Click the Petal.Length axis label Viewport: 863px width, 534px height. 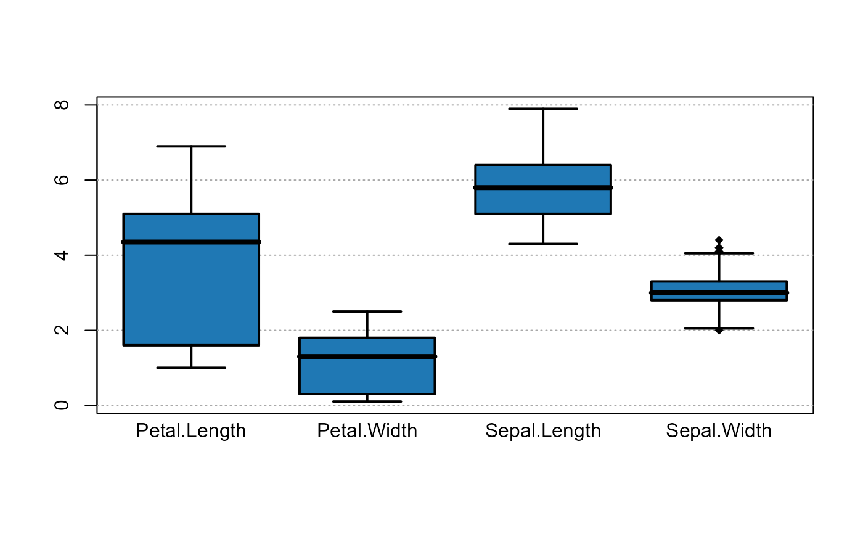(x=190, y=430)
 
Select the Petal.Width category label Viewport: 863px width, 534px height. (x=367, y=430)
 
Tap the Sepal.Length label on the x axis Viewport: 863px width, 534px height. (x=542, y=430)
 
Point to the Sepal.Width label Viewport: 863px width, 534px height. (x=718, y=430)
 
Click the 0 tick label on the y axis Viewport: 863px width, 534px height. (x=62, y=405)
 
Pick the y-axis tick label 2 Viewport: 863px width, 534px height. (x=62, y=330)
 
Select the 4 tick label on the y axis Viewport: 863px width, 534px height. (x=62, y=255)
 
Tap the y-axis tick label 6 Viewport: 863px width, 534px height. (x=62, y=180)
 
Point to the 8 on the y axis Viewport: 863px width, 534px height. (x=62, y=105)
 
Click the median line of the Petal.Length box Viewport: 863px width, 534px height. (x=191, y=242)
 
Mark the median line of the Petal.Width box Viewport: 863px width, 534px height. (x=367, y=356)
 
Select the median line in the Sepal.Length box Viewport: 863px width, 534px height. (x=542, y=187)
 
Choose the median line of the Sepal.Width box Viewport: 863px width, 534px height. (x=719, y=292)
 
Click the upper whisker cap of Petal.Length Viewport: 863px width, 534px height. (x=191, y=146)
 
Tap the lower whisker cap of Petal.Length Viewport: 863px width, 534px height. (x=191, y=368)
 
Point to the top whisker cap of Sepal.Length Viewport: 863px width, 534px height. (x=542, y=109)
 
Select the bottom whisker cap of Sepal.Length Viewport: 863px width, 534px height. (x=542, y=244)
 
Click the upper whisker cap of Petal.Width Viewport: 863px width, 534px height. (x=367, y=311)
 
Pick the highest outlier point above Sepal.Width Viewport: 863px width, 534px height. (x=719, y=240)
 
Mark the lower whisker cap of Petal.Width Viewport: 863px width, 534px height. (x=367, y=402)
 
